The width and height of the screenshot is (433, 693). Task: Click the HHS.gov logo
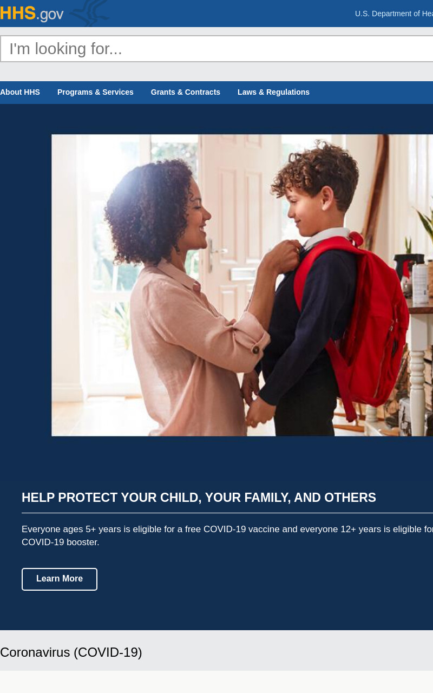(x=31, y=14)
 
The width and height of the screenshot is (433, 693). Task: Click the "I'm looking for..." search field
(x=216, y=49)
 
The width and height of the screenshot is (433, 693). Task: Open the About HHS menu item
(x=20, y=92)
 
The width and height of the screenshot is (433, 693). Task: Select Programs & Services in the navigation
(x=95, y=92)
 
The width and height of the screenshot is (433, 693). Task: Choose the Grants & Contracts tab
(x=185, y=92)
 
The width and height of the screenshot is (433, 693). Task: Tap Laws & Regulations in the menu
(x=273, y=92)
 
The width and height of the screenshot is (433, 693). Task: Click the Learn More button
(x=60, y=579)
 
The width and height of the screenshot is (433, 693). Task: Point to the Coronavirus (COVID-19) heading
(x=71, y=652)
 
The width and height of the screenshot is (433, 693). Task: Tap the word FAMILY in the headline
(x=268, y=498)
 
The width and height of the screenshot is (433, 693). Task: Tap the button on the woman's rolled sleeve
(x=256, y=350)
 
